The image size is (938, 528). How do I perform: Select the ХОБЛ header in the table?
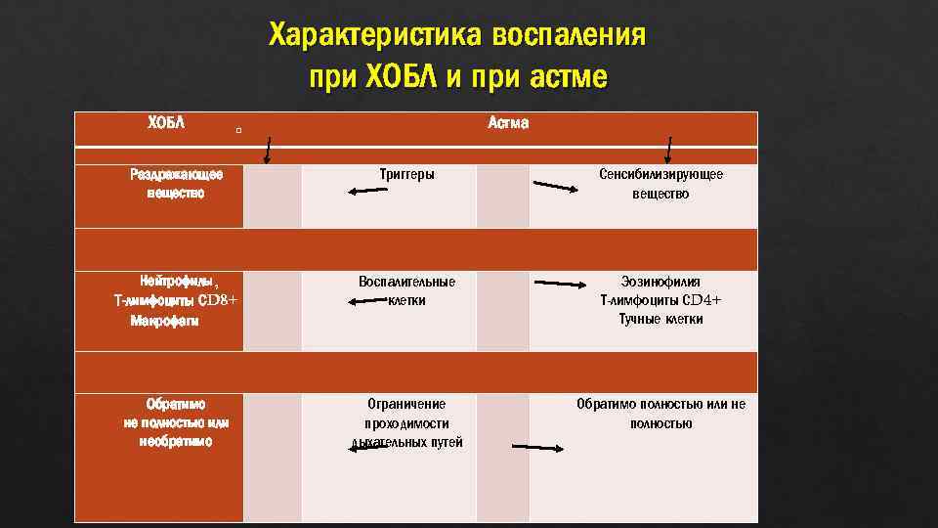(166, 123)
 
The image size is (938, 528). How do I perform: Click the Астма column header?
(507, 123)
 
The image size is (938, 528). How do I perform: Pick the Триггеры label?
(406, 174)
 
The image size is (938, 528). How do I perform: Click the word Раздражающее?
(176, 174)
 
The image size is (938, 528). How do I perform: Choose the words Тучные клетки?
(661, 320)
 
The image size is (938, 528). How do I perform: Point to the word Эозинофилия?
(661, 281)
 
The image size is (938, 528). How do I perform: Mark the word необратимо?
(176, 441)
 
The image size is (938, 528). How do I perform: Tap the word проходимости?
(406, 422)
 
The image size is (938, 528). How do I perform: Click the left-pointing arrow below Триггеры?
(369, 192)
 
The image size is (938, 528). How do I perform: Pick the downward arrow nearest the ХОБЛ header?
(268, 151)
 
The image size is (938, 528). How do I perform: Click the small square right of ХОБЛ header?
(238, 129)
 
